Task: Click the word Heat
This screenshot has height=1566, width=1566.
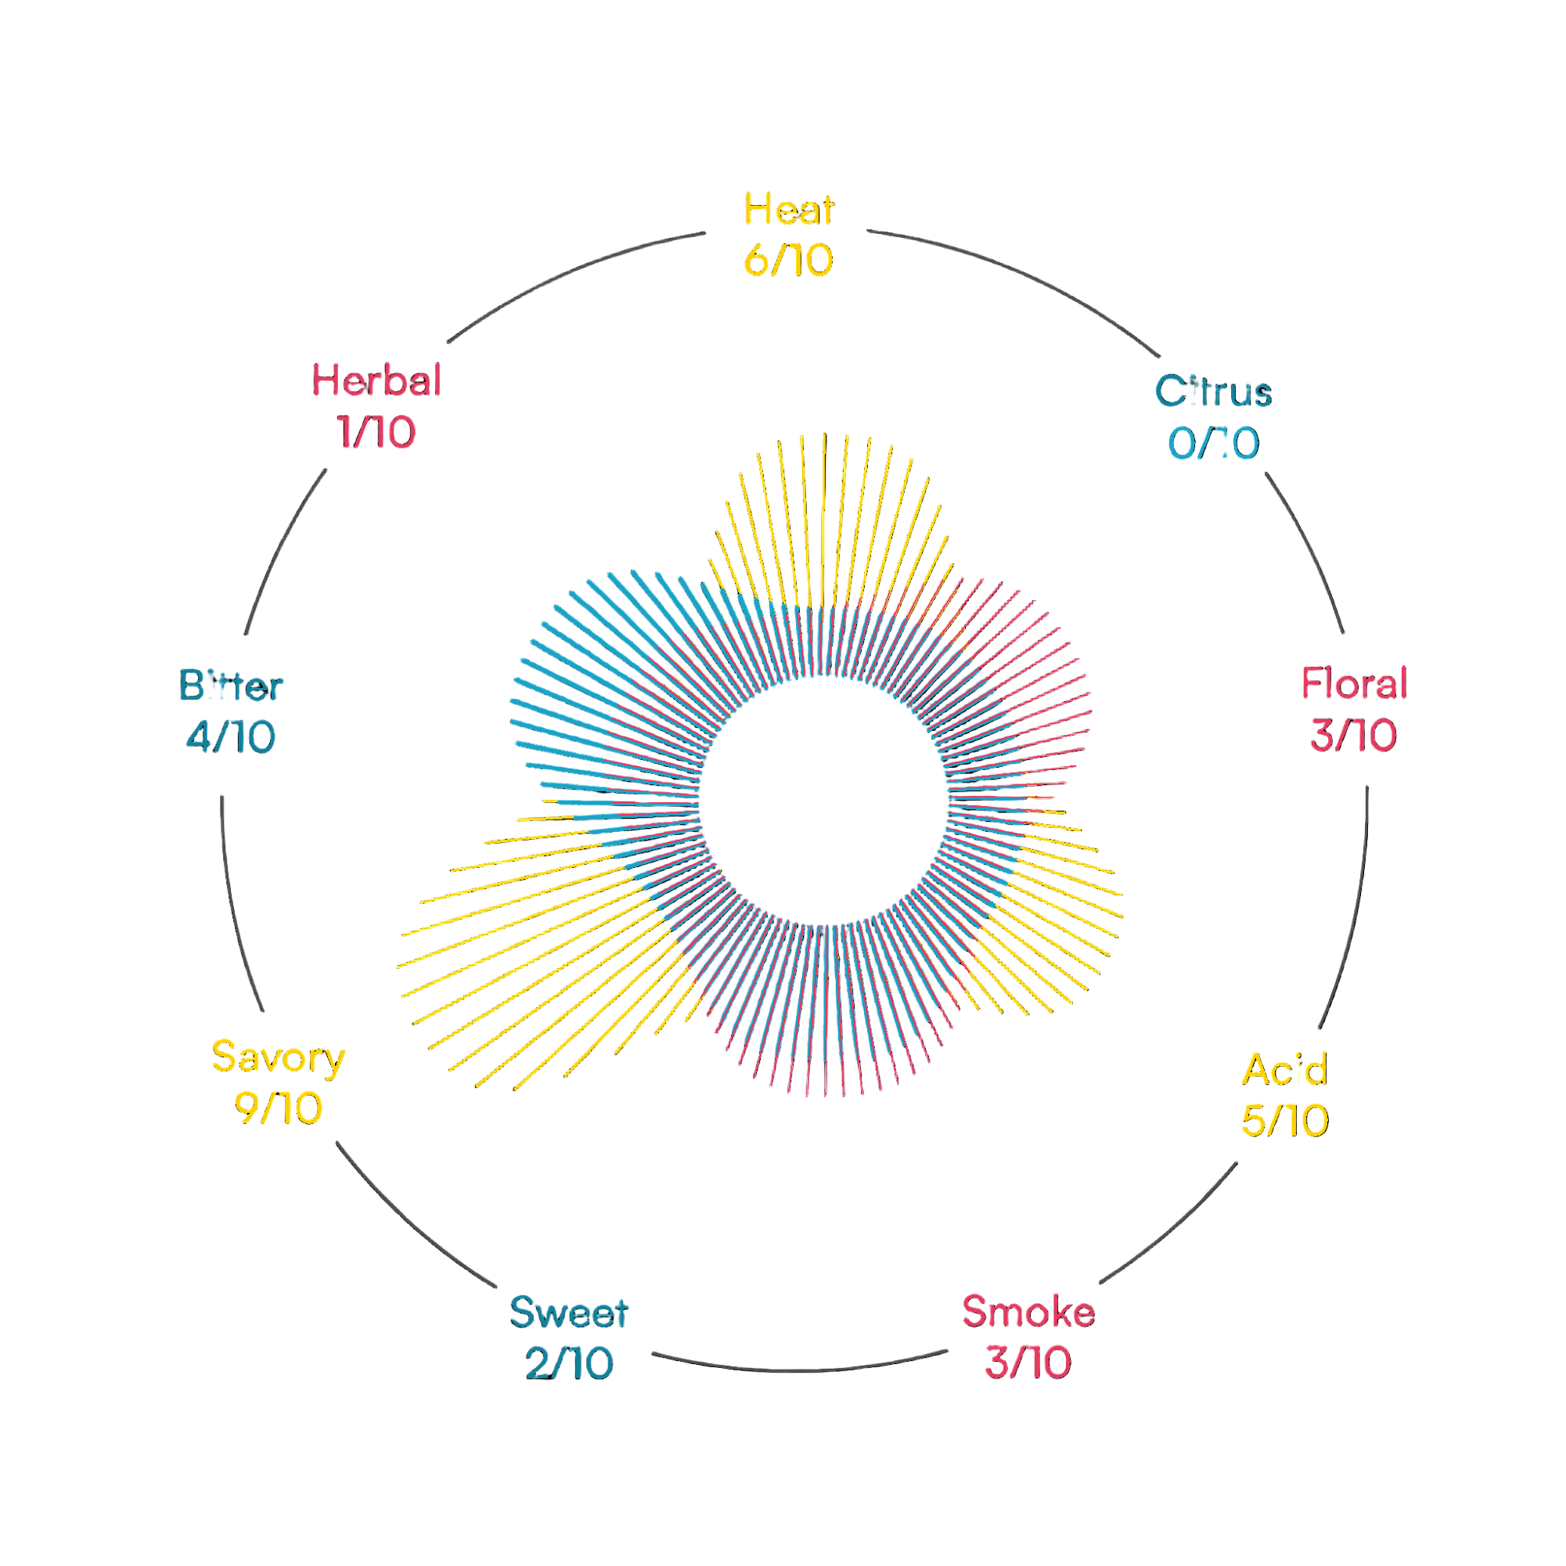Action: (x=788, y=210)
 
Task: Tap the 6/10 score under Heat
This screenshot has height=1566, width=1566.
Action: (x=788, y=261)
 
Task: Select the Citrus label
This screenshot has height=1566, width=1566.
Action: (x=1212, y=391)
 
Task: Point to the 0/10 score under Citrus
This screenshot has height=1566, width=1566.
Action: (x=1212, y=444)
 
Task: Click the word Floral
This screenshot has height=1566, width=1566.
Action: (x=1354, y=683)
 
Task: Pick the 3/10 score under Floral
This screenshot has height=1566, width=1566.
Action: (x=1354, y=735)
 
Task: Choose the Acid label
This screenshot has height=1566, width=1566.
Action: (x=1285, y=1069)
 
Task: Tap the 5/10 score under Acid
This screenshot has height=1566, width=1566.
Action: (x=1285, y=1120)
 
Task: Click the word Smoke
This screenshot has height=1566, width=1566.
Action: (x=1028, y=1312)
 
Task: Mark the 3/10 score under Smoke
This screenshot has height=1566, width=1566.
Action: (x=1028, y=1363)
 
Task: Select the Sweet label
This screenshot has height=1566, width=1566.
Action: (x=569, y=1312)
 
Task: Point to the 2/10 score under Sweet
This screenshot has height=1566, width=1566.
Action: (x=569, y=1363)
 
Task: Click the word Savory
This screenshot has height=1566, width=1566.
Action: (x=278, y=1057)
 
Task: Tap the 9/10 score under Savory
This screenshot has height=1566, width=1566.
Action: (x=278, y=1108)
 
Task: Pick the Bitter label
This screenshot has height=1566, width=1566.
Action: (x=231, y=686)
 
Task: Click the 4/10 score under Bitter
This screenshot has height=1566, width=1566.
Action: (x=231, y=737)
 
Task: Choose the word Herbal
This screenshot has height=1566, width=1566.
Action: (x=377, y=381)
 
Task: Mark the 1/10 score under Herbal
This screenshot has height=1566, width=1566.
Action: (x=377, y=433)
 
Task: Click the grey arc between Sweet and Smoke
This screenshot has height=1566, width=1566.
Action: (x=798, y=1370)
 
